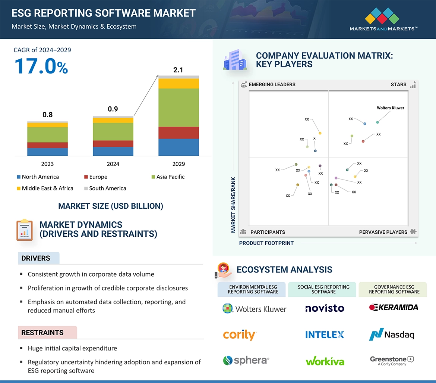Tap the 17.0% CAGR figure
tap(41, 66)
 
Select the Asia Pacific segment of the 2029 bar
tap(178, 108)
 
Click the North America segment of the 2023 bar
tap(47, 152)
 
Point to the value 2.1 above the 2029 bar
tap(178, 70)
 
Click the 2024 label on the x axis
tap(113, 164)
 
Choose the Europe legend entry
tap(98, 177)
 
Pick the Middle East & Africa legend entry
tap(47, 188)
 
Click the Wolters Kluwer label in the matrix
tap(390, 108)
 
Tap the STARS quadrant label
tap(398, 84)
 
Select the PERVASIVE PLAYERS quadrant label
tap(383, 232)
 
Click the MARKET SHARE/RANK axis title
tap(233, 205)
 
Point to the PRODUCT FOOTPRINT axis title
tap(266, 243)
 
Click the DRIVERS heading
tap(36, 258)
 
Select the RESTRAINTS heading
tap(42, 333)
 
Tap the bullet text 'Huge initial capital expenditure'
tap(72, 348)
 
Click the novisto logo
tap(325, 308)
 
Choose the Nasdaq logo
tap(392, 334)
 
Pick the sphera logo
tap(246, 360)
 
